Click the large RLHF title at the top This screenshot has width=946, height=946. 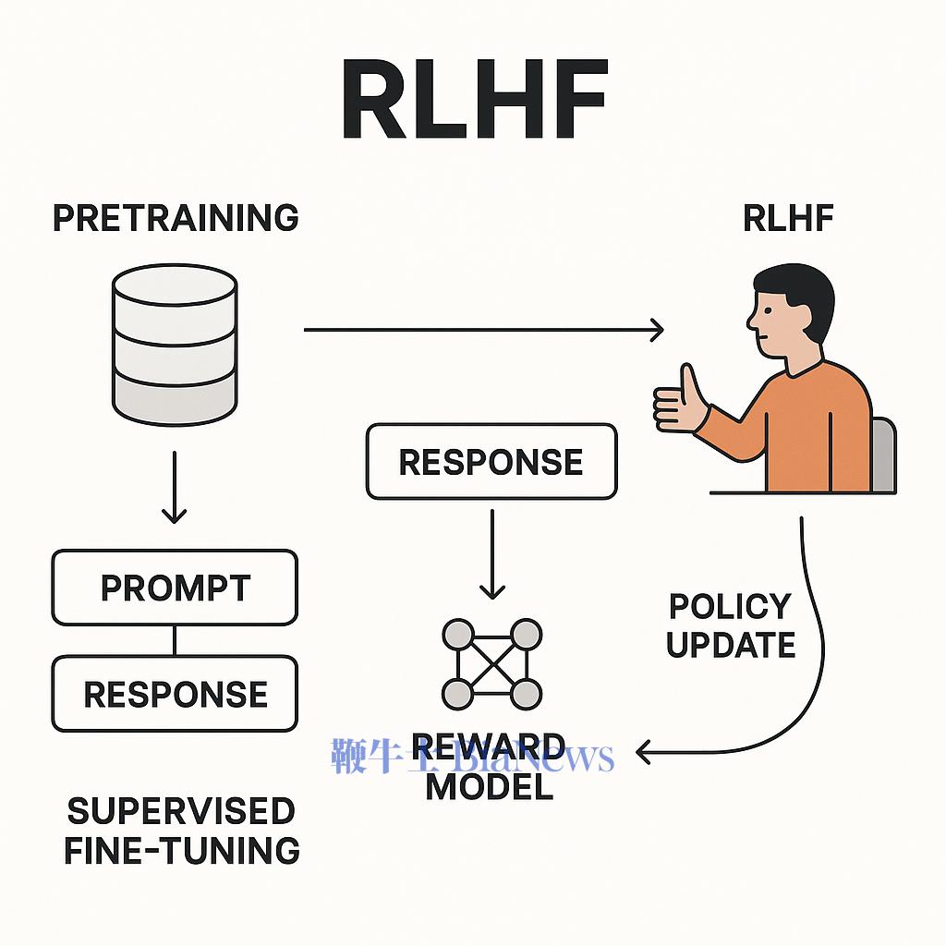(x=474, y=99)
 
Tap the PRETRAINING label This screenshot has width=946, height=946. (x=176, y=218)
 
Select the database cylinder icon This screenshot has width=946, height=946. (x=175, y=345)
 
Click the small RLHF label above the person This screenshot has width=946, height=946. (x=788, y=218)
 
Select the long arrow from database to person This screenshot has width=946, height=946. (x=484, y=330)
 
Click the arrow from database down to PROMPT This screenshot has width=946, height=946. (x=175, y=488)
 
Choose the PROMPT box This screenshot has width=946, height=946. (x=175, y=588)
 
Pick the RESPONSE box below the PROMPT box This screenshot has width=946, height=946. (x=175, y=694)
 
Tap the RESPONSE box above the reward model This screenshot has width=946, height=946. (x=491, y=462)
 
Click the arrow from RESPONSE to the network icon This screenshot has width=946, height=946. (x=492, y=554)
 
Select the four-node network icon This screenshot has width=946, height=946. (x=492, y=664)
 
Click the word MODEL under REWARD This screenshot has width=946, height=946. (x=490, y=787)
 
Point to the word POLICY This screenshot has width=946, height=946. (x=730, y=606)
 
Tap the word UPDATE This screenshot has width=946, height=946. (x=731, y=645)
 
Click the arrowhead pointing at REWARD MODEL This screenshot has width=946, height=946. (x=643, y=752)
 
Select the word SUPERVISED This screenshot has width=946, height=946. (x=181, y=811)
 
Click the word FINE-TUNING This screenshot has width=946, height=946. (x=182, y=850)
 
